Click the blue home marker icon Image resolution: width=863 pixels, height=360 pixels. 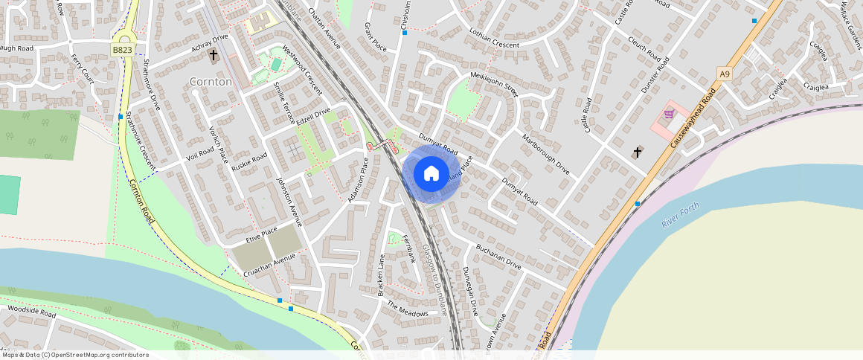[x=431, y=174]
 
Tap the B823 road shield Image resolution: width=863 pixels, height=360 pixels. [x=123, y=50]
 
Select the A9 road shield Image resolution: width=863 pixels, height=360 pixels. [x=725, y=73]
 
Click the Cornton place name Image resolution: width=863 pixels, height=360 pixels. [x=211, y=81]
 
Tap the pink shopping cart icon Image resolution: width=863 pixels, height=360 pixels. [x=669, y=114]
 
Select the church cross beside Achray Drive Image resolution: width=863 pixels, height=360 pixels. [x=214, y=54]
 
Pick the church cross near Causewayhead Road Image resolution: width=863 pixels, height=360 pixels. [x=638, y=152]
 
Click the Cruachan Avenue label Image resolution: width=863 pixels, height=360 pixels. [x=269, y=265]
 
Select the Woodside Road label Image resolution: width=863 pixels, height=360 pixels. [x=31, y=311]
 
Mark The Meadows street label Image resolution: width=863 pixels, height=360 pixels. [x=407, y=309]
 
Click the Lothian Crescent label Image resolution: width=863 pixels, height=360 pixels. [x=494, y=39]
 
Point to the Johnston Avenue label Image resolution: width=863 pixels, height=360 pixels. [x=289, y=200]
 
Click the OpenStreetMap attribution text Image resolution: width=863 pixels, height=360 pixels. [x=76, y=355]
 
